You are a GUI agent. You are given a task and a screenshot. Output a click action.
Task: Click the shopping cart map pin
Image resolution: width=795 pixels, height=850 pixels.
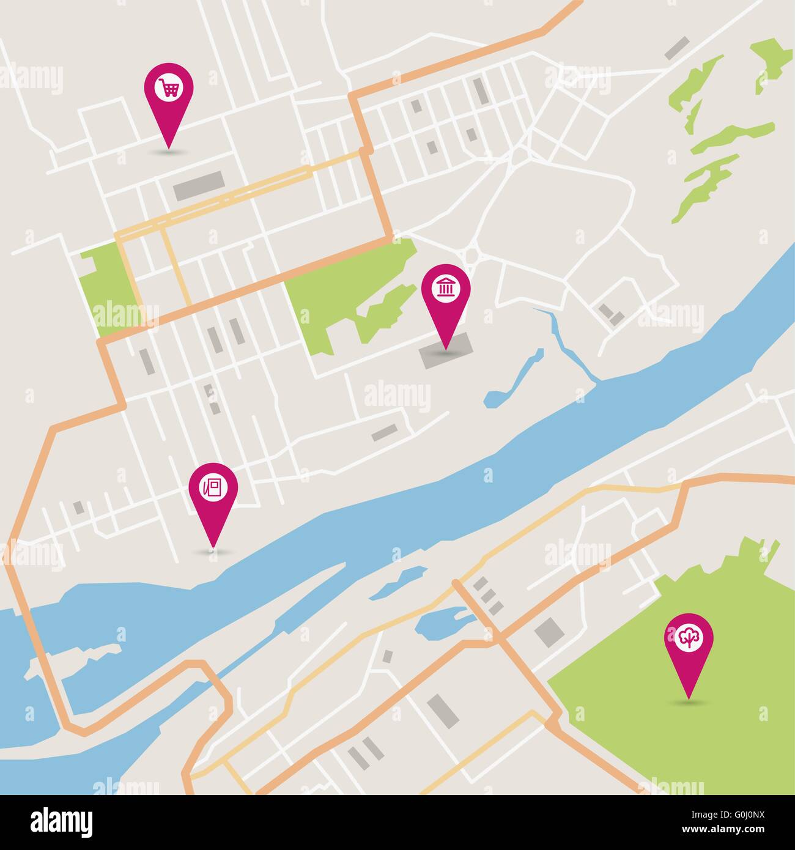point(168,90)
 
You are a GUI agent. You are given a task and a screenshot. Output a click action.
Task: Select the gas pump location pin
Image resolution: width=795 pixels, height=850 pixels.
point(213,488)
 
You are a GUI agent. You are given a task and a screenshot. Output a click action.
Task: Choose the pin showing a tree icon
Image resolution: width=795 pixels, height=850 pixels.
point(689,640)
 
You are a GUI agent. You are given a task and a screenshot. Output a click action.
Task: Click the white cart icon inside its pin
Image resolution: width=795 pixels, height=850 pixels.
point(168,87)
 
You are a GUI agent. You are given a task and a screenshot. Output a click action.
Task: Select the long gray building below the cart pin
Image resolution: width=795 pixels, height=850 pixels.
point(198,185)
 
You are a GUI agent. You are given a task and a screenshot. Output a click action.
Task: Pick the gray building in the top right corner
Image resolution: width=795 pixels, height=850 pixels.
point(676,47)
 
